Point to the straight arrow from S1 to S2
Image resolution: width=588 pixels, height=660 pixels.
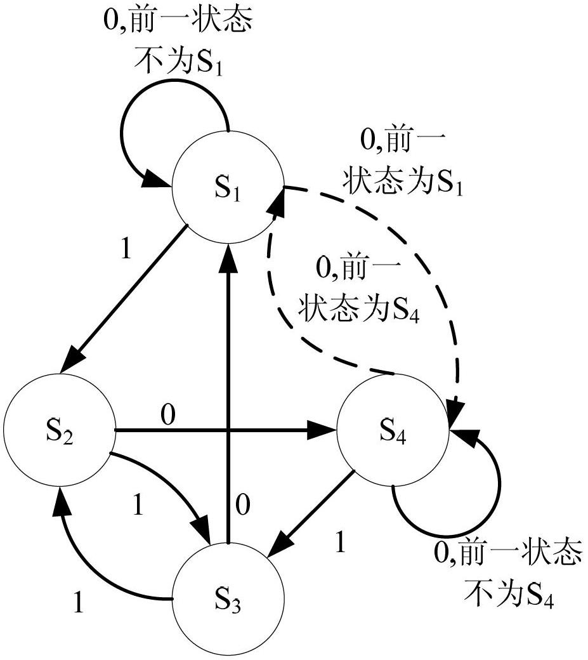124,299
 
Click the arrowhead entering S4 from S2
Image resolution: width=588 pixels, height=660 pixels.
322,430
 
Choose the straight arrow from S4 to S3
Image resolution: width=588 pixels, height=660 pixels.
311,513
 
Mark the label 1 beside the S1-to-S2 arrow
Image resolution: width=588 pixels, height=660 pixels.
126,248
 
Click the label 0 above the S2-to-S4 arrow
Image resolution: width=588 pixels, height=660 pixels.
167,416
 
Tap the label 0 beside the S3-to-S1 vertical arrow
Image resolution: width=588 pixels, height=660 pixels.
243,505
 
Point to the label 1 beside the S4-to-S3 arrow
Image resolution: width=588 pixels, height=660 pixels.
340,542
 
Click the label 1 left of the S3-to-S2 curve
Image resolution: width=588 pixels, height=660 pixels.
79,602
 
